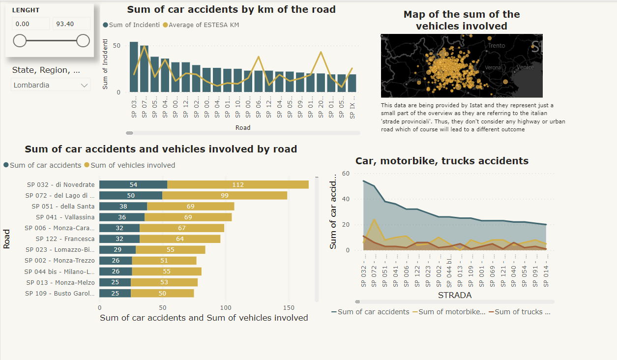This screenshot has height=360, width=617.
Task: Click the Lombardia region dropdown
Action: pyautogui.click(x=50, y=85)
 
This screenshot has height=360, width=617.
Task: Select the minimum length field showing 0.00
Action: pyautogui.click(x=30, y=24)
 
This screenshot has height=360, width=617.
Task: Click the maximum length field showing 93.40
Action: pyautogui.click(x=71, y=24)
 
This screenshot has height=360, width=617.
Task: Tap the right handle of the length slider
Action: pyautogui.click(x=83, y=41)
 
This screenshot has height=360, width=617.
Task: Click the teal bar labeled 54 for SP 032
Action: pyautogui.click(x=133, y=184)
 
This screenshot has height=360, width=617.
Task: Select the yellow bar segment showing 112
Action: pyautogui.click(x=238, y=184)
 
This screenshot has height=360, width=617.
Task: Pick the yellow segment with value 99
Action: pyautogui.click(x=225, y=195)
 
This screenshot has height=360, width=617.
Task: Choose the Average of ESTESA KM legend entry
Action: pyautogui.click(x=204, y=25)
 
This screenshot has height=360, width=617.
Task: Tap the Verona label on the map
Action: pyautogui.click(x=493, y=67)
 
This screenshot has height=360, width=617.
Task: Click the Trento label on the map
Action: pyautogui.click(x=497, y=46)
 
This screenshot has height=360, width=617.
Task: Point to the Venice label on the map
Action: pyautogui.click(x=526, y=67)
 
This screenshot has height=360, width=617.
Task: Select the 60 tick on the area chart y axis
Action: pyautogui.click(x=346, y=174)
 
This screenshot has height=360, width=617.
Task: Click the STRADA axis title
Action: pyautogui.click(x=454, y=295)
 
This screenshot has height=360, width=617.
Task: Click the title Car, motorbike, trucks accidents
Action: pyautogui.click(x=442, y=161)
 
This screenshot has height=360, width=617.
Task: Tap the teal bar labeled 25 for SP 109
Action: pyautogui.click(x=115, y=293)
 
